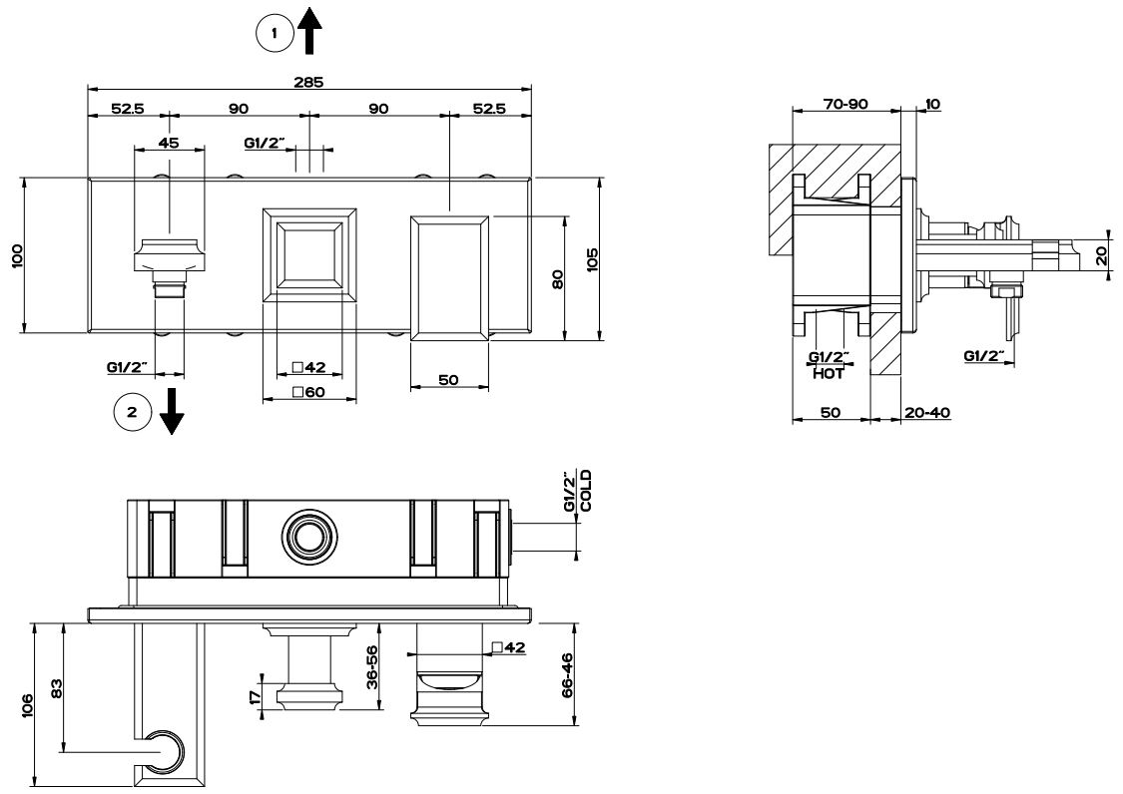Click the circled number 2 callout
pyautogui.click(x=133, y=412)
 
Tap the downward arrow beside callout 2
pyautogui.click(x=172, y=412)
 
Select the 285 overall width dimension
pyautogui.click(x=309, y=82)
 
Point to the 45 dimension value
pyautogui.click(x=169, y=143)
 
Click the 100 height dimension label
pyautogui.click(x=17, y=255)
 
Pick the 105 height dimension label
pyautogui.click(x=592, y=258)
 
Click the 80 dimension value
pyautogui.click(x=558, y=278)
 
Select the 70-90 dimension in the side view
pyautogui.click(x=845, y=104)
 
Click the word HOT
pyautogui.click(x=828, y=373)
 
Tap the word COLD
pyautogui.click(x=586, y=491)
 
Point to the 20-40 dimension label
pyautogui.click(x=926, y=412)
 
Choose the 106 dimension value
pyautogui.click(x=27, y=706)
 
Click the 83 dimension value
pyautogui.click(x=57, y=688)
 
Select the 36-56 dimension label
pyautogui.click(x=371, y=666)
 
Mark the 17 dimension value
pyautogui.click(x=256, y=697)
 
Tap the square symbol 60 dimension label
pyautogui.click(x=308, y=392)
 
